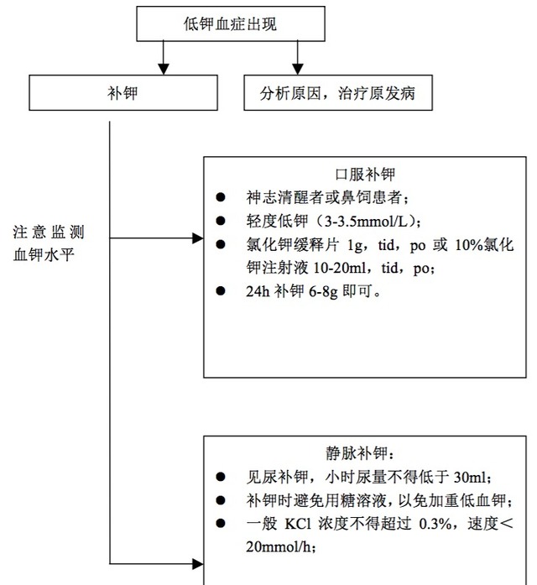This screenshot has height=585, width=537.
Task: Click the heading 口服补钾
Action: pos(365,175)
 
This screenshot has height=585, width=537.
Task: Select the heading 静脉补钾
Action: pos(366,454)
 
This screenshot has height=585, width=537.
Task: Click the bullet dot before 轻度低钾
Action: pos(221,221)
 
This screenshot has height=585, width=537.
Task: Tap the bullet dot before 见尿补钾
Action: pos(221,477)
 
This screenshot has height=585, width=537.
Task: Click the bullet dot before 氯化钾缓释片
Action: pos(221,244)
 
